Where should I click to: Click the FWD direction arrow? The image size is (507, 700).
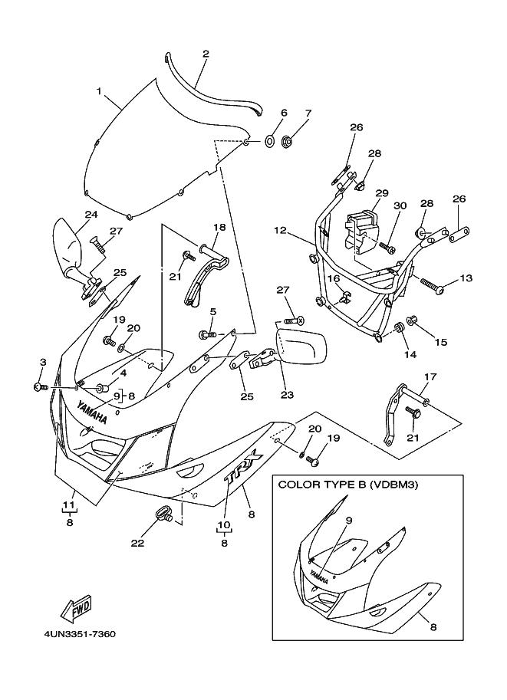click(77, 609)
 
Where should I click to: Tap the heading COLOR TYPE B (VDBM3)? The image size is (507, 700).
click(348, 485)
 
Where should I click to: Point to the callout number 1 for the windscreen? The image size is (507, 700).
click(99, 91)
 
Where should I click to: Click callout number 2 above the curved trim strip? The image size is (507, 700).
click(206, 54)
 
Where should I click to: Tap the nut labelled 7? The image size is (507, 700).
click(287, 143)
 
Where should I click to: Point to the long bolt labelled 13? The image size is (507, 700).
click(432, 286)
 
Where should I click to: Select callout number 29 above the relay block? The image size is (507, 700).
click(382, 193)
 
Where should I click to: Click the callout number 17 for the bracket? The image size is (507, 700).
click(430, 376)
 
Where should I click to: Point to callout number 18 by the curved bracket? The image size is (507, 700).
click(219, 227)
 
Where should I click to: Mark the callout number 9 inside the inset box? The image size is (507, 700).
click(349, 520)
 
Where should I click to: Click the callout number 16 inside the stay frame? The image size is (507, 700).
click(334, 278)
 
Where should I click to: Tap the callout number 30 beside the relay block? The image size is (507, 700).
click(400, 205)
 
